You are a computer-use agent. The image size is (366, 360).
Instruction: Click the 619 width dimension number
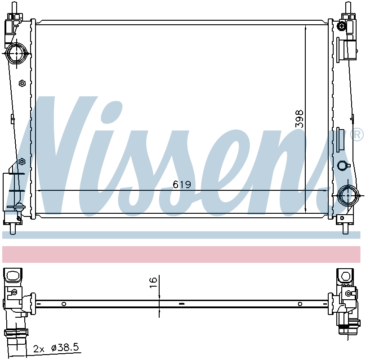(x=182, y=184)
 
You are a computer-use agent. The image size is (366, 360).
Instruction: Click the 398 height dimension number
(x=299, y=119)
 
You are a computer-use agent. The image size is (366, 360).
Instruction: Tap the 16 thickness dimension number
(x=153, y=283)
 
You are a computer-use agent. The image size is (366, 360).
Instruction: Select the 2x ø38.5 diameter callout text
(x=56, y=348)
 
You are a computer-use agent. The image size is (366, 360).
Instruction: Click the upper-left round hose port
(x=17, y=53)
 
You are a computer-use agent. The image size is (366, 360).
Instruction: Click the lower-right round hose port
(x=348, y=195)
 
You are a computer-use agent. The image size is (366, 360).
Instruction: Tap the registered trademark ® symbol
(x=357, y=135)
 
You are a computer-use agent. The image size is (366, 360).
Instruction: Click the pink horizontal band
(x=181, y=254)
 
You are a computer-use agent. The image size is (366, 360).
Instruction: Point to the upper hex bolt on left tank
(x=22, y=83)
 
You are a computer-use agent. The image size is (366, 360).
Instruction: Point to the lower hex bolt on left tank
(x=22, y=161)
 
